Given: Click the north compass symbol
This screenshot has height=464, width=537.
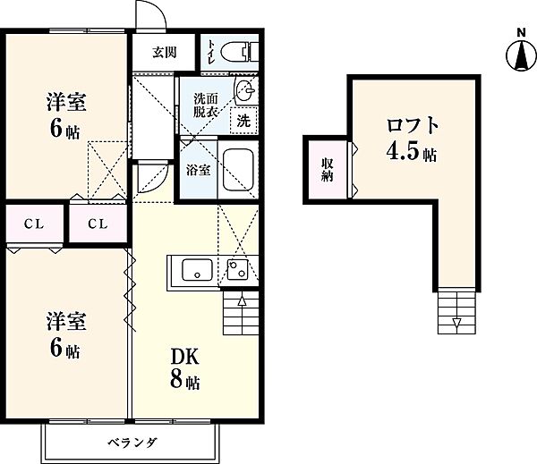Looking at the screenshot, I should (x=520, y=54).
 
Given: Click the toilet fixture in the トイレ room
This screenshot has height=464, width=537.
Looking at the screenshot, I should (x=237, y=50).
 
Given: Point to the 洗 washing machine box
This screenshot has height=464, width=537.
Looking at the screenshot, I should (x=243, y=118).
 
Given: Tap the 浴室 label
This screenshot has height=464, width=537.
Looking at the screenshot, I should (x=199, y=169).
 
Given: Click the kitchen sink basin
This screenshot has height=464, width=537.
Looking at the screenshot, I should (x=195, y=269).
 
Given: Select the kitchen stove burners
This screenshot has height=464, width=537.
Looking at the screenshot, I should (x=238, y=268).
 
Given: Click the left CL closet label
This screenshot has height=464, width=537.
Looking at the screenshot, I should (x=30, y=224).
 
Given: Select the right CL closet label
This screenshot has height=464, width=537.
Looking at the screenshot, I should (x=98, y=224).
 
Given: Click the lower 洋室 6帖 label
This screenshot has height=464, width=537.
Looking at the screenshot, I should (x=65, y=333).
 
